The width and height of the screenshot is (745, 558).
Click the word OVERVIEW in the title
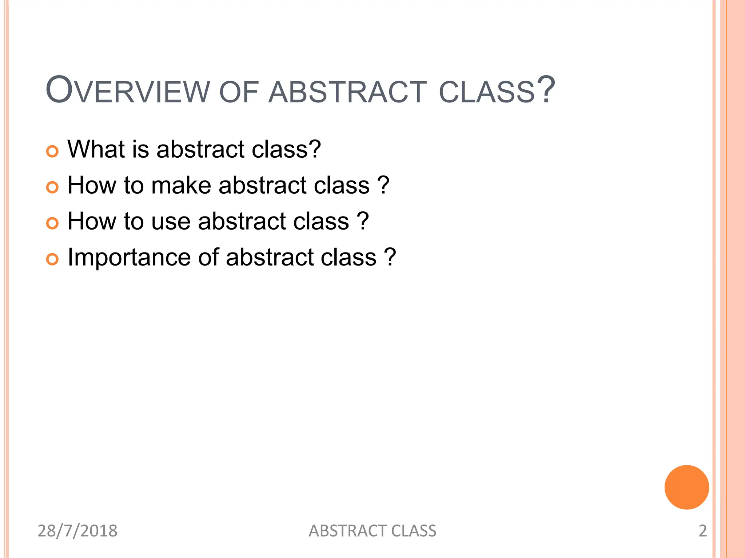(x=128, y=90)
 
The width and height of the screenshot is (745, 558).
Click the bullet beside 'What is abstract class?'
(x=52, y=151)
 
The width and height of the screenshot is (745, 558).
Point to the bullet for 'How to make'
(x=52, y=187)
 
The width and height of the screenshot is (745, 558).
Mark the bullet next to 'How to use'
(x=52, y=223)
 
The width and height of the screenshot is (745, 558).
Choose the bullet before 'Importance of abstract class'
(x=52, y=259)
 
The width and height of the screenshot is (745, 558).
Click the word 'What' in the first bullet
(x=96, y=149)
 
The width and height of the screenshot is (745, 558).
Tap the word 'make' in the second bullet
(x=181, y=185)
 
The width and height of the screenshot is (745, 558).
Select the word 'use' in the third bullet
(x=171, y=222)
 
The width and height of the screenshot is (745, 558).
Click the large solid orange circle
(x=686, y=487)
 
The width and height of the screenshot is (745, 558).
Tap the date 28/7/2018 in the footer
(x=77, y=531)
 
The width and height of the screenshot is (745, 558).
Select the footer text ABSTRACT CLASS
(x=372, y=531)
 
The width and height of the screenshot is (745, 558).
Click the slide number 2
(x=702, y=531)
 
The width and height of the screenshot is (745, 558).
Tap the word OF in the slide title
(x=239, y=92)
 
